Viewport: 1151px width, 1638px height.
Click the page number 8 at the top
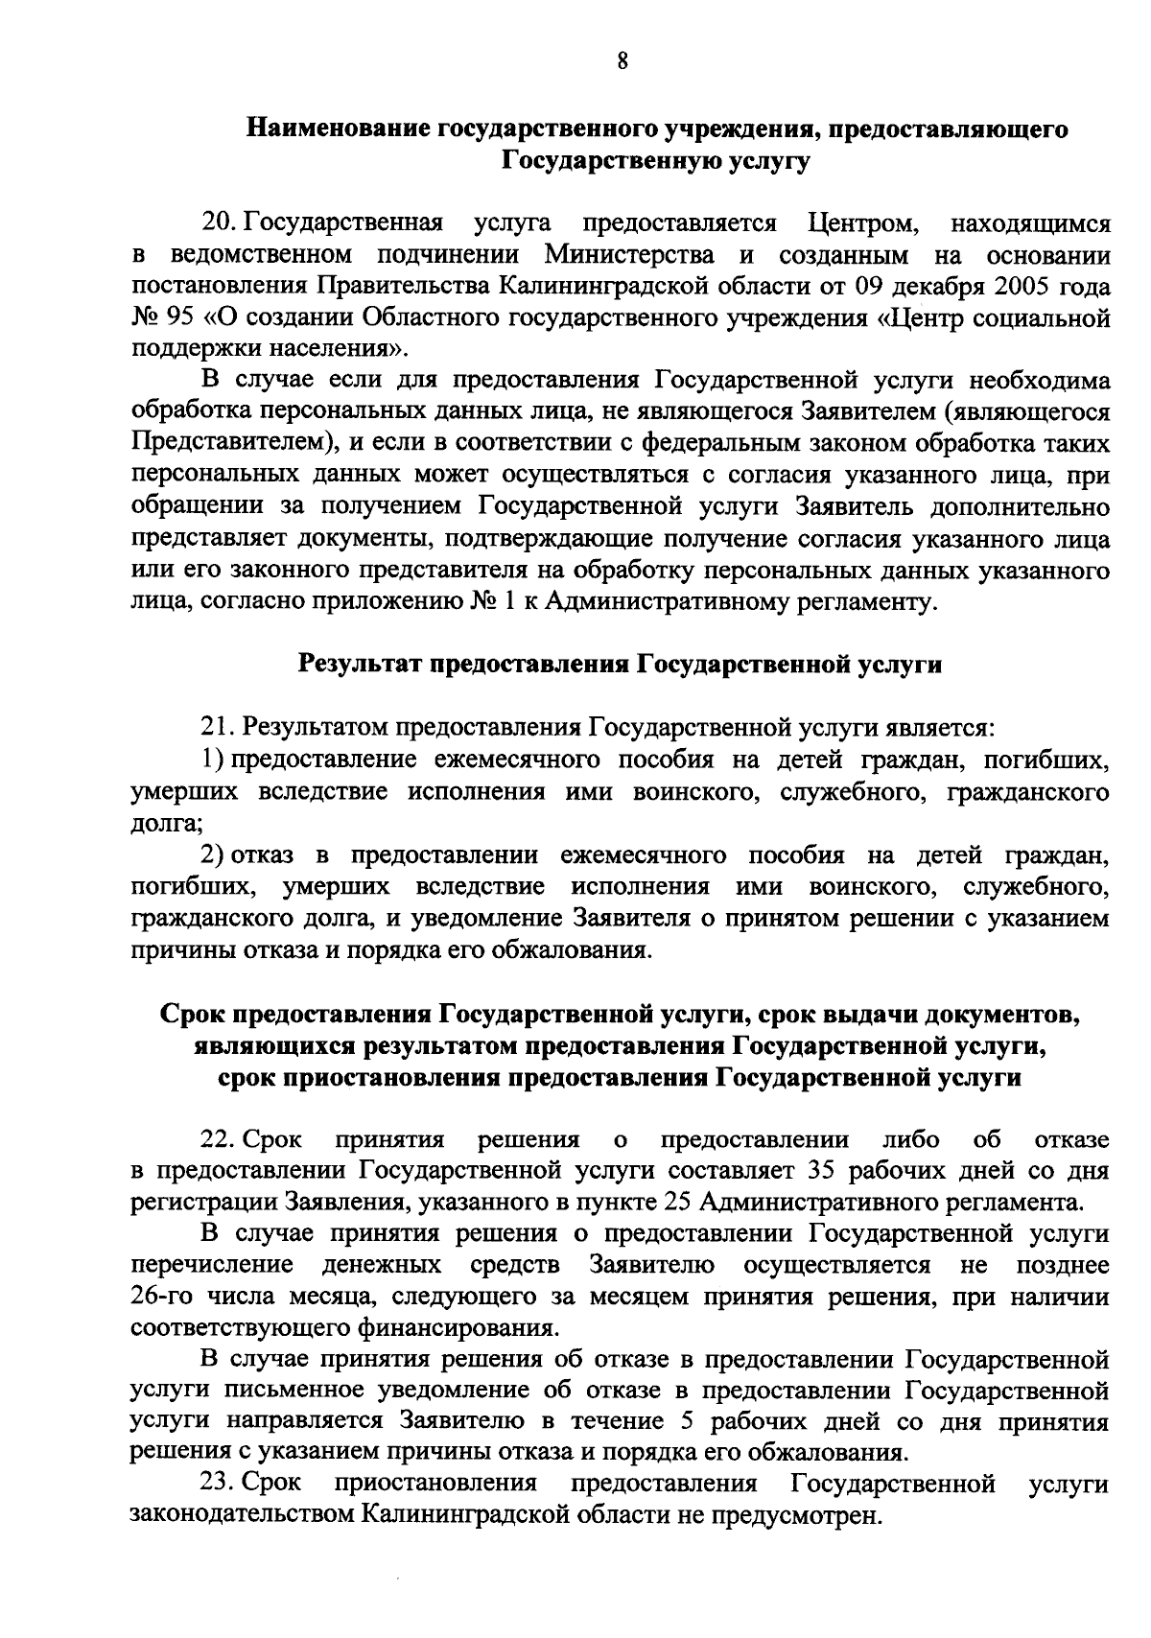(622, 62)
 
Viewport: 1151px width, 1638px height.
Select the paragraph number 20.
(219, 224)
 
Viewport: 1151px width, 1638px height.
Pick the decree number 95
(181, 318)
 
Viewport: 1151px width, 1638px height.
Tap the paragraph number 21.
(219, 728)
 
